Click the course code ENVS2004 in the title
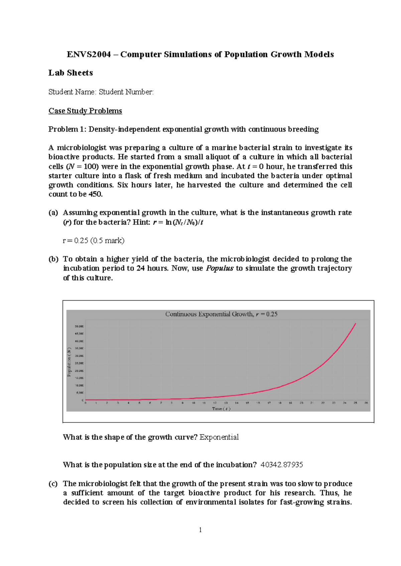(89, 54)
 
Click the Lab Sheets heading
(71, 73)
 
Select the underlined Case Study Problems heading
(85, 111)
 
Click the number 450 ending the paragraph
(95, 194)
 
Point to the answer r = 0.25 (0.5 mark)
(94, 241)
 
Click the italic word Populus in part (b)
(219, 268)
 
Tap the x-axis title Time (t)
(221, 408)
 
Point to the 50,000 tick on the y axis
(79, 326)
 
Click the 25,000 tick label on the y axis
(79, 363)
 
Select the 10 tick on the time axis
(193, 403)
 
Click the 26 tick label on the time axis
(366, 403)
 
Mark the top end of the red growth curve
(356, 323)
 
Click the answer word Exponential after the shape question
(219, 437)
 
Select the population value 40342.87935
(282, 465)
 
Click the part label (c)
(53, 484)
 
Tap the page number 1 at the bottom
(200, 530)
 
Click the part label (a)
(53, 213)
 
